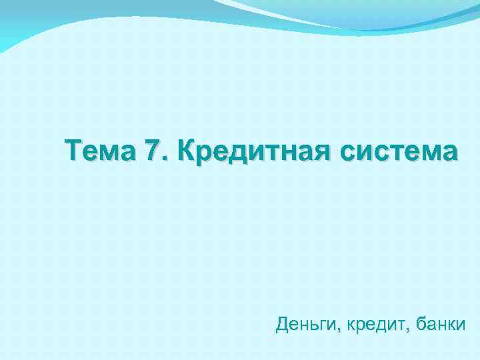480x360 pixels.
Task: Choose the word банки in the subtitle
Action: pos(439,325)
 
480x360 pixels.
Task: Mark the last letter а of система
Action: pos(450,153)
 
